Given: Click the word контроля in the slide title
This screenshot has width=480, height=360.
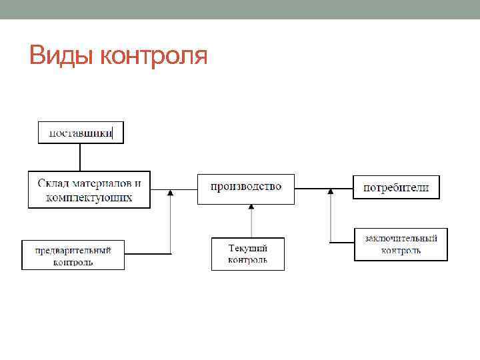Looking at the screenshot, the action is point(153,57).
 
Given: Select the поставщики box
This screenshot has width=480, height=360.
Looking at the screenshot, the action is point(80,133).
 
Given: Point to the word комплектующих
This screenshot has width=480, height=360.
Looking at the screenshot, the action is point(89,197).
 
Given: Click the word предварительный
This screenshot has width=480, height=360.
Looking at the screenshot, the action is point(73,250).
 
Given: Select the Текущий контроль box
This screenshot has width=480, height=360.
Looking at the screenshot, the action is point(248,254).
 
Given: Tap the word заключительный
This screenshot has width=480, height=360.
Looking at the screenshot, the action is point(401,238).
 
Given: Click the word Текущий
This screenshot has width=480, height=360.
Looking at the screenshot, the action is point(248,248).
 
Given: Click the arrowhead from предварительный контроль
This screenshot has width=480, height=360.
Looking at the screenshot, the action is point(171,193).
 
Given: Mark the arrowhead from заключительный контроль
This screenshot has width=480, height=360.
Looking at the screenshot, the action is point(331,193).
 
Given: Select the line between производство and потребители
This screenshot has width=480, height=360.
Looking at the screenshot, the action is point(323,189).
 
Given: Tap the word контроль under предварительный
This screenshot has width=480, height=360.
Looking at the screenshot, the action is point(73,262).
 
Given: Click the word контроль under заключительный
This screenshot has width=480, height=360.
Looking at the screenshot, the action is point(401,251).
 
